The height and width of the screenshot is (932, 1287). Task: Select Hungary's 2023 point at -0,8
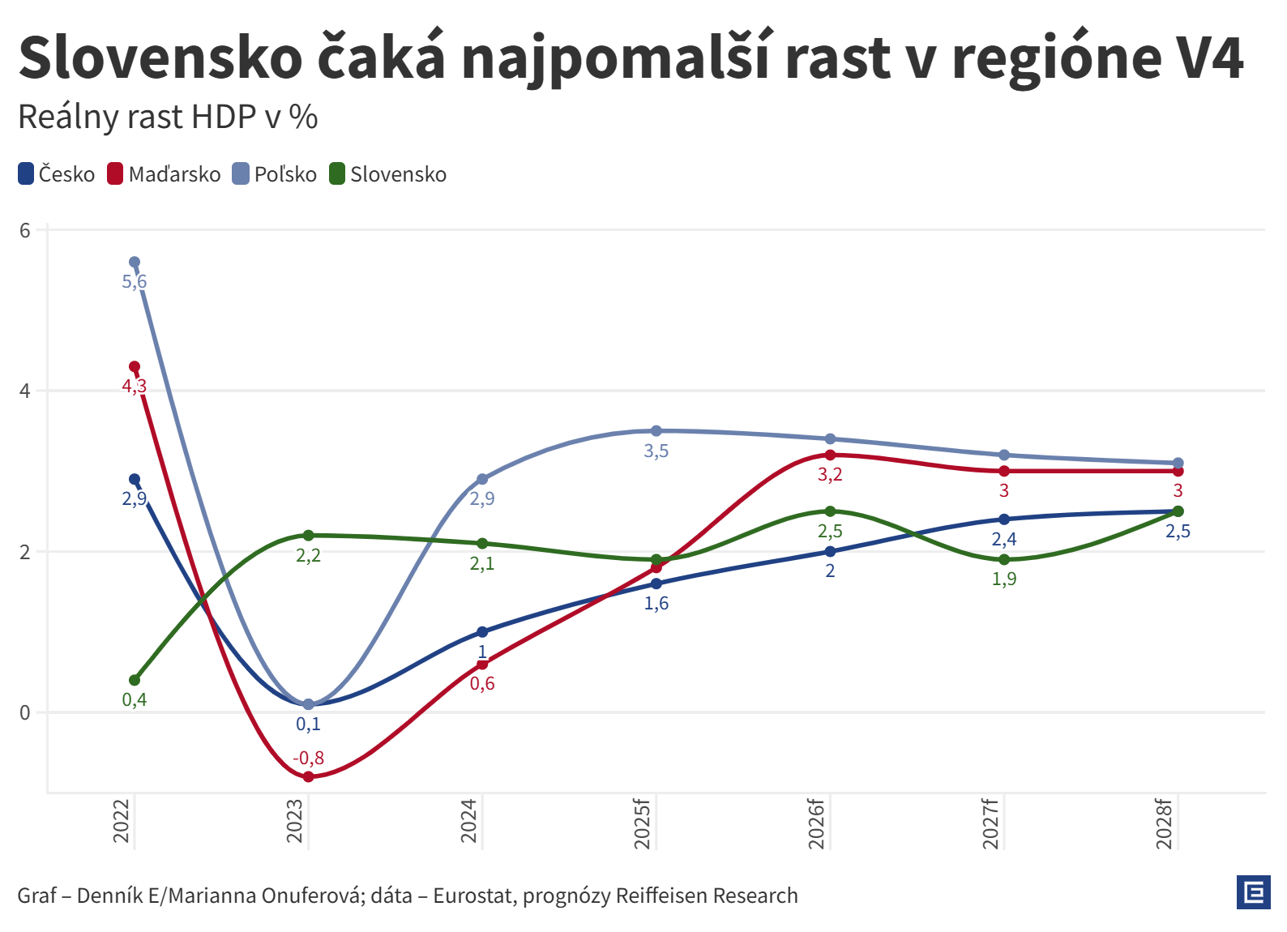tap(308, 776)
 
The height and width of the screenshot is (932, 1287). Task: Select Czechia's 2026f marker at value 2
tap(830, 552)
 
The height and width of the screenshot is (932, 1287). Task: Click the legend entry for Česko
tap(57, 174)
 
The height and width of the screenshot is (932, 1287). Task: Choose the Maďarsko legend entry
tap(164, 174)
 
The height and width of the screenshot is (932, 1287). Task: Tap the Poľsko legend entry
tap(275, 174)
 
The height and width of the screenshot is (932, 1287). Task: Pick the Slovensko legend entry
tap(388, 174)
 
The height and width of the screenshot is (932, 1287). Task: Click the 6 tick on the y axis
tap(25, 230)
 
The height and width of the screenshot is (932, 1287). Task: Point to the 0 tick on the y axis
tap(25, 712)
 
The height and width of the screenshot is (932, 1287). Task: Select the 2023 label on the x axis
tap(295, 820)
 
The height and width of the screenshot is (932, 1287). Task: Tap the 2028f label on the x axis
tap(1165, 823)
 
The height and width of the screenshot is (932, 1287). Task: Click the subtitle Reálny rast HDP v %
tap(168, 118)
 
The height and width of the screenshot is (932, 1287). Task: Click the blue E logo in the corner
tap(1253, 893)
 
